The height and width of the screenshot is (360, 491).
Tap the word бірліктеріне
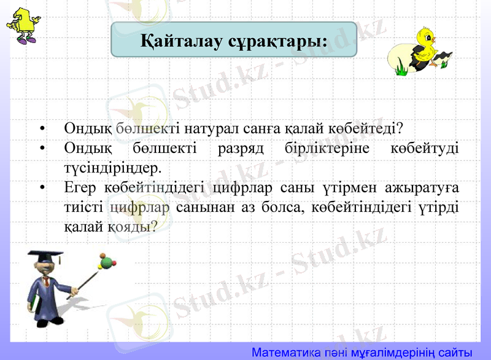(330, 149)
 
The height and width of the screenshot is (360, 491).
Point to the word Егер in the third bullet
(79, 187)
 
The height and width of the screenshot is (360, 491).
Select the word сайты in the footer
(454, 353)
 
